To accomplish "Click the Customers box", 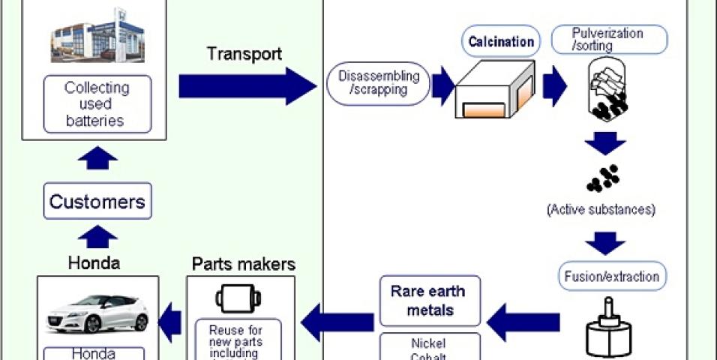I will [97, 202].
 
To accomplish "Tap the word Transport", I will [244, 54].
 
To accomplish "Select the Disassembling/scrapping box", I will [379, 84].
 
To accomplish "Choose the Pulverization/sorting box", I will [607, 39].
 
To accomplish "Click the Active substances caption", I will [601, 209].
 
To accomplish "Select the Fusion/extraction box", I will [611, 276].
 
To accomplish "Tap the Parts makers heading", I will [244, 264].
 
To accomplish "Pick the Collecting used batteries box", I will [97, 104].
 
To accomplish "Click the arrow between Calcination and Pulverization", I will [554, 85].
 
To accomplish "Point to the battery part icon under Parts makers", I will [238, 298].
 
